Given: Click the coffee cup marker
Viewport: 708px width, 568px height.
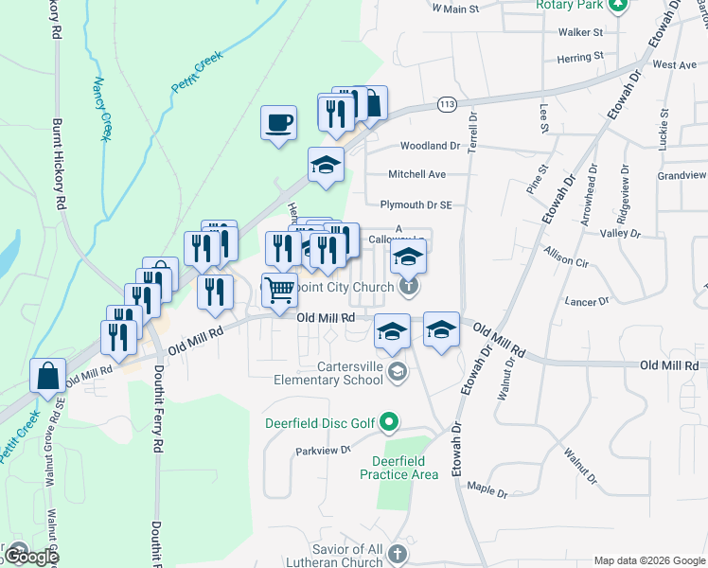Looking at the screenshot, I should pyautogui.click(x=279, y=122).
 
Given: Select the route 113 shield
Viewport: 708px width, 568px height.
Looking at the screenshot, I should pyautogui.click(x=448, y=103).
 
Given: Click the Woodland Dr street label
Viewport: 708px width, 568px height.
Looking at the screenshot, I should pyautogui.click(x=429, y=146).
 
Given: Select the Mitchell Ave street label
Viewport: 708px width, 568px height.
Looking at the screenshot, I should pyautogui.click(x=416, y=174).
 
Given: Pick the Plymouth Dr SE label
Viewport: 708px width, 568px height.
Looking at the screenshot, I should pyautogui.click(x=416, y=204).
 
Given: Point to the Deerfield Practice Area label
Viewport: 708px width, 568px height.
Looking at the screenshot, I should pyautogui.click(x=399, y=468).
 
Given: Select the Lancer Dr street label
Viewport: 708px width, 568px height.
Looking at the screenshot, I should pyautogui.click(x=587, y=301).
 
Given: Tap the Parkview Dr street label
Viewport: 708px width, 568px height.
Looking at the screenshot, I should pyautogui.click(x=316, y=451).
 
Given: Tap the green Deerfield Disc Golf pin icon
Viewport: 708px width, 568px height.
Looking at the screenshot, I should pyautogui.click(x=387, y=422).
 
